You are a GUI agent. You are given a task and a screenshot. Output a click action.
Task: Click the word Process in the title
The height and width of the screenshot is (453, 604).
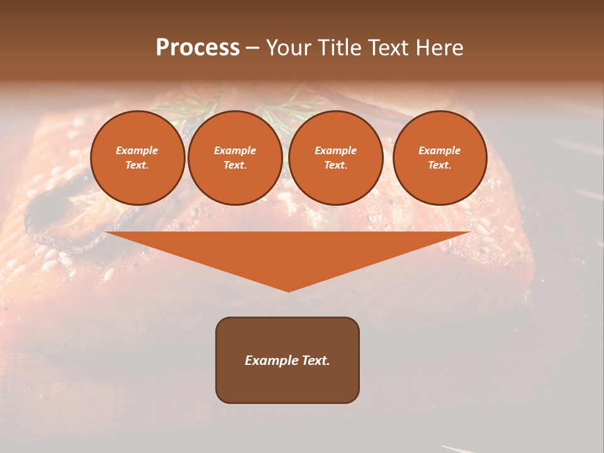(198, 48)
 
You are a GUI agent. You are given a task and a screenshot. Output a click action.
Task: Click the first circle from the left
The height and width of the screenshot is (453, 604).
(138, 157)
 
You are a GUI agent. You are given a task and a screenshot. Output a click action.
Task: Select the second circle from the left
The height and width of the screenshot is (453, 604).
(235, 157)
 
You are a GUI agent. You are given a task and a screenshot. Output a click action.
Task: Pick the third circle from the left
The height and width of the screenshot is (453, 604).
(336, 157)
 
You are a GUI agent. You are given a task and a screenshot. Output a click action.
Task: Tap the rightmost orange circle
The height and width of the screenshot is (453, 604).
(440, 157)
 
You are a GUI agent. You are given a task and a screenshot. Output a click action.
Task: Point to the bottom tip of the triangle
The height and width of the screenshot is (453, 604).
(288, 290)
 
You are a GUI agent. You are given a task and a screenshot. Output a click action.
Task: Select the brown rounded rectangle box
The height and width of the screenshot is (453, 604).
(288, 360)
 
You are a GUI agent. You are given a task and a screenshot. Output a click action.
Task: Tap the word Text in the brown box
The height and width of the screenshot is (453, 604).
(315, 361)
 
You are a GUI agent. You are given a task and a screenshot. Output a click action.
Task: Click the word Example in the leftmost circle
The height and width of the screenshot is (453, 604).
(137, 150)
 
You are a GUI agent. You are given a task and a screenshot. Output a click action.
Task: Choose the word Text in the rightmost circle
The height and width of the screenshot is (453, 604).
(439, 165)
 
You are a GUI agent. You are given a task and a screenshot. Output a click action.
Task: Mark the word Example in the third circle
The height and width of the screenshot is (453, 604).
(336, 150)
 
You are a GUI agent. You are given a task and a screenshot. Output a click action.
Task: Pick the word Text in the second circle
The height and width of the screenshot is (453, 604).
(235, 165)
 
